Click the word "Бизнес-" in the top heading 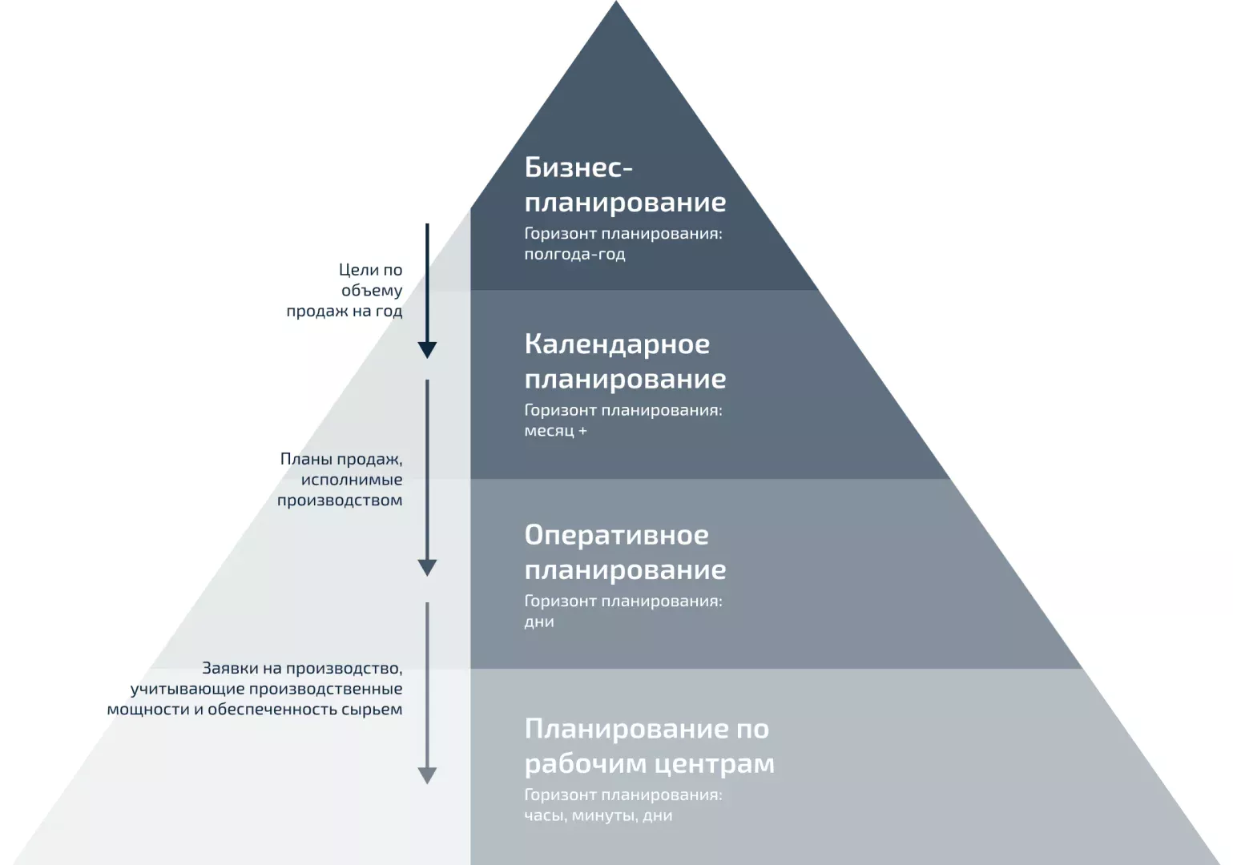point(578,167)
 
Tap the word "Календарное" point(617,344)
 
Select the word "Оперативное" point(617,535)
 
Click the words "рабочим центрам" point(650,764)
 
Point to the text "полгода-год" point(574,254)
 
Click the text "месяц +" point(555,430)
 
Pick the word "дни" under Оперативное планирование point(539,622)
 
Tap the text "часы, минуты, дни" point(598,815)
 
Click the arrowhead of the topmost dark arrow point(427,350)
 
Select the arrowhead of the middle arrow point(427,568)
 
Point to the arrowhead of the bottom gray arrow point(427,776)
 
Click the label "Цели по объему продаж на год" point(345,291)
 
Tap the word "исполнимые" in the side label point(352,480)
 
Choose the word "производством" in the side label point(340,501)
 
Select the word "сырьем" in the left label point(372,710)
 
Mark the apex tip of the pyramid point(616,2)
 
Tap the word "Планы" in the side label point(305,459)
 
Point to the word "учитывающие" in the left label point(187,690)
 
